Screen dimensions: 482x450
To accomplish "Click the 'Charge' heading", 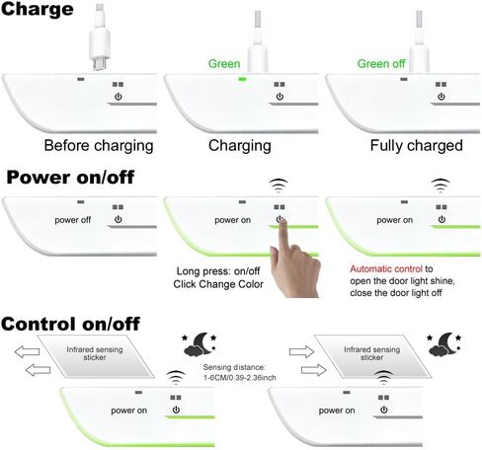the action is coord(38,9).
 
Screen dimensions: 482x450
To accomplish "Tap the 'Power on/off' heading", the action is coord(70,178).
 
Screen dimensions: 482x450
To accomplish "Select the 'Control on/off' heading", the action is coord(70,324).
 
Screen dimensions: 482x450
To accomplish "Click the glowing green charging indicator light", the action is coord(242,79).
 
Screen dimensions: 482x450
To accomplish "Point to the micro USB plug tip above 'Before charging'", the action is coord(100,64).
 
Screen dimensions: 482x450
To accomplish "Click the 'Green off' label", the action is coord(381,63).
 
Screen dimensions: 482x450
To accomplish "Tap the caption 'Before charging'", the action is coord(99,146).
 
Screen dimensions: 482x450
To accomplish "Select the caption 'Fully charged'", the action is coord(416,146).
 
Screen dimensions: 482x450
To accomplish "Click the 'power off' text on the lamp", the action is coord(72,220).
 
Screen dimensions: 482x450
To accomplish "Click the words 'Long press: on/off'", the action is coord(218,271).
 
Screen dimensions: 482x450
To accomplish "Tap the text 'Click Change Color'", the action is coord(218,284).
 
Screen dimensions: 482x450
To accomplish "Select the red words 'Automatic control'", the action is coord(386,269).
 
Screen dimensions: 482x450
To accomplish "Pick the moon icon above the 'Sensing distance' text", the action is coord(200,344).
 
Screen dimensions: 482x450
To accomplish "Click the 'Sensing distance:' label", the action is coord(234,367).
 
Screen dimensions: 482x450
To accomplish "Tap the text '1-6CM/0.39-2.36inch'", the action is coord(239,377).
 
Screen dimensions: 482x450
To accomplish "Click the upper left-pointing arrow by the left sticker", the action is coord(27,351).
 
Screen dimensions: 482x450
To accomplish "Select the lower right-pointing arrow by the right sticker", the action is coord(314,370).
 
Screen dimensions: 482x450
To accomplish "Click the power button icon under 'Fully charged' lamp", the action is coord(442,97).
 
